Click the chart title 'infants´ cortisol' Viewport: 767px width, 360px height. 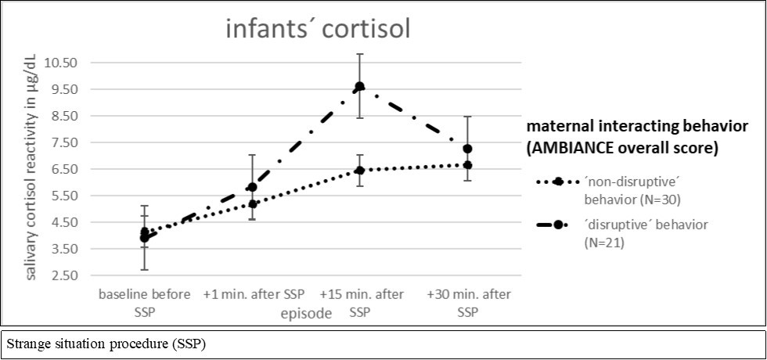pyautogui.click(x=318, y=31)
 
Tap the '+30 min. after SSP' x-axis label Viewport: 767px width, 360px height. pyautogui.click(x=466, y=301)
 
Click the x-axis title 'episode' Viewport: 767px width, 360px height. pyautogui.click(x=306, y=313)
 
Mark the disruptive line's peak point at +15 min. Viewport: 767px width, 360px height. pyautogui.click(x=360, y=86)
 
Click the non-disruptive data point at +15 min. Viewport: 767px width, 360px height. pyautogui.click(x=360, y=170)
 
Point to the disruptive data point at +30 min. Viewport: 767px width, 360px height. pyautogui.click(x=467, y=149)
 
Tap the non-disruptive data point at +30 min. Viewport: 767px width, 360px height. pyautogui.click(x=467, y=165)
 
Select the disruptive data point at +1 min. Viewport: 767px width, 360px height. pyautogui.click(x=252, y=187)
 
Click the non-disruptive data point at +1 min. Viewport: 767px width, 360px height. pyautogui.click(x=252, y=204)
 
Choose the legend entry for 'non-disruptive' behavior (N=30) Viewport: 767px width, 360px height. pyautogui.click(x=618, y=189)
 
